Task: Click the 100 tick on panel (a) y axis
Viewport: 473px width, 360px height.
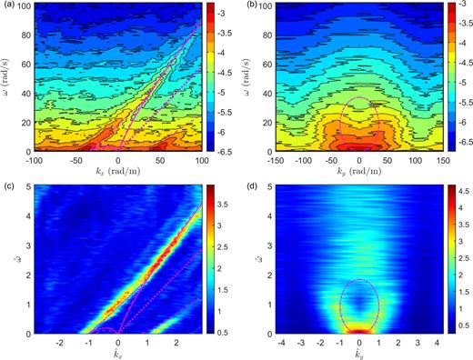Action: coord(22,9)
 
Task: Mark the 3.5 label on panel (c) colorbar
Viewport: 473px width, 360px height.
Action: coord(226,206)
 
